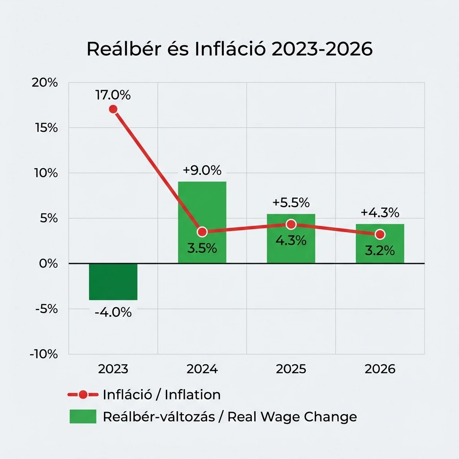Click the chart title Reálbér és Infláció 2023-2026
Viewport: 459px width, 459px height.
pos(229,49)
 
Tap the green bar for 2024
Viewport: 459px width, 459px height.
pos(202,211)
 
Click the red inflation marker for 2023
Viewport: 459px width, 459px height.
pos(113,109)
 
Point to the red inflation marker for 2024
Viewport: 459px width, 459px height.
pos(202,232)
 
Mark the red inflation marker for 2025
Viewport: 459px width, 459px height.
pos(291,224)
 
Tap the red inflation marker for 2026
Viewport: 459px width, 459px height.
pos(380,234)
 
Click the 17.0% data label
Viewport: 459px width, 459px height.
pos(113,95)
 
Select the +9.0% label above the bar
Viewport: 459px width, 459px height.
pos(202,171)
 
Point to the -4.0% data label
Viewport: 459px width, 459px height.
pos(113,312)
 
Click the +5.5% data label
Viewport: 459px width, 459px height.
pos(291,203)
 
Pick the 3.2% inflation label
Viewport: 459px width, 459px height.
pos(380,251)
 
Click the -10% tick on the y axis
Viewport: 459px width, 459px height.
pos(44,354)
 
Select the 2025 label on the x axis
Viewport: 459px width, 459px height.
pos(291,369)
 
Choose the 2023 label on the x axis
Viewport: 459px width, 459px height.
pos(113,369)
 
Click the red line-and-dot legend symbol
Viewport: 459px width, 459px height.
pos(82,395)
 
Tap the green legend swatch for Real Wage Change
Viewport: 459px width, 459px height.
pos(83,416)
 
